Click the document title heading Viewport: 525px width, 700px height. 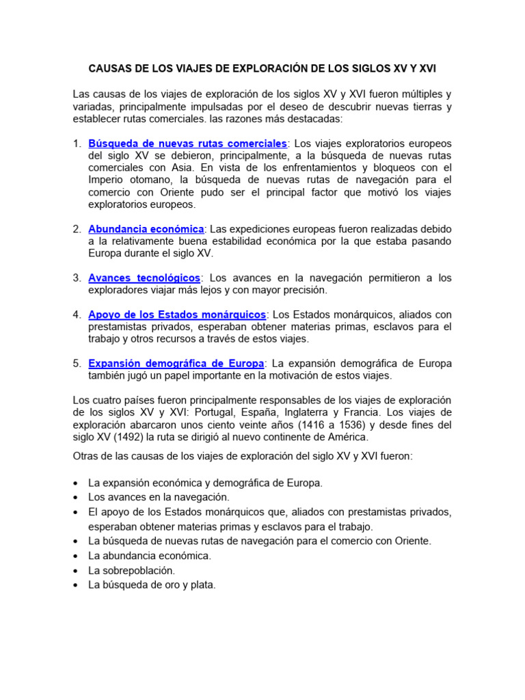tap(262, 69)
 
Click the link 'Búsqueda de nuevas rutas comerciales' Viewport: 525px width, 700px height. tap(187, 144)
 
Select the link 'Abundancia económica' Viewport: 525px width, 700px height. tap(146, 228)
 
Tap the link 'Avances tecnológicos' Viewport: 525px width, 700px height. tap(144, 278)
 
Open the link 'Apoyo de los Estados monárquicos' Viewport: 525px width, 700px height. tap(177, 314)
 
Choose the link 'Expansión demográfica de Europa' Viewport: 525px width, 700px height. tap(176, 363)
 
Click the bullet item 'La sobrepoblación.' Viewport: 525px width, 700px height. tap(132, 570)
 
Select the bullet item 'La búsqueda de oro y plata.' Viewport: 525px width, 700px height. tap(152, 585)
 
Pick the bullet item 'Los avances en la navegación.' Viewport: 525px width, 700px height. tap(159, 497)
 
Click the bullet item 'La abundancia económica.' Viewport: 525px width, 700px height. tap(150, 556)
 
